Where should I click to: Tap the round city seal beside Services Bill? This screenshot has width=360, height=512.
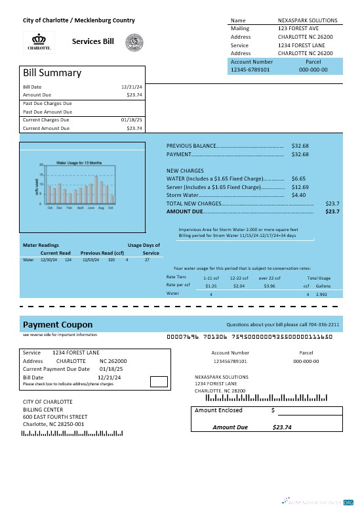click(x=134, y=42)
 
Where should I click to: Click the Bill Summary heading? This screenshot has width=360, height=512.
click(x=52, y=73)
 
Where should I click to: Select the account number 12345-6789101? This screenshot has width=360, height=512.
click(x=250, y=69)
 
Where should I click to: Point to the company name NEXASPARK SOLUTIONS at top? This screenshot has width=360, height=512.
click(x=308, y=20)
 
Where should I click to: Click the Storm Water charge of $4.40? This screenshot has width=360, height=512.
click(x=298, y=195)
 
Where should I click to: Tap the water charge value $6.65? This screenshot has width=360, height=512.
click(x=298, y=179)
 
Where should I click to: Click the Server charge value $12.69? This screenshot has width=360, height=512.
click(x=300, y=187)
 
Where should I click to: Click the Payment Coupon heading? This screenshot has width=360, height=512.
click(x=58, y=324)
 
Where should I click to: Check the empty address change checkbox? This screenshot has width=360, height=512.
click(x=158, y=381)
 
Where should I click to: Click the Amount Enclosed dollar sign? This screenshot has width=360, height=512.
click(x=273, y=410)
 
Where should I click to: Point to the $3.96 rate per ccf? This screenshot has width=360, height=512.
click(x=269, y=286)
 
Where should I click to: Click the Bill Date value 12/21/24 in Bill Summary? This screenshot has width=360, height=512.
click(x=132, y=87)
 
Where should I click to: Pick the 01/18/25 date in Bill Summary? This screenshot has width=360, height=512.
click(x=132, y=120)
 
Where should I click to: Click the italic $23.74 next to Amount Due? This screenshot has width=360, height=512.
click(x=281, y=427)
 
